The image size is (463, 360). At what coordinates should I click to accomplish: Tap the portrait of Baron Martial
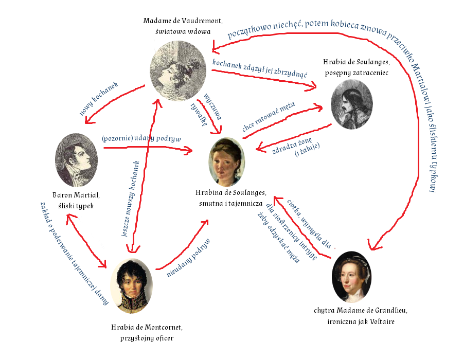76,160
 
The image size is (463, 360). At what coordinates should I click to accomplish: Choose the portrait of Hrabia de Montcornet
132,286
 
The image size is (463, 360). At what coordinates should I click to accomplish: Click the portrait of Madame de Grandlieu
352,277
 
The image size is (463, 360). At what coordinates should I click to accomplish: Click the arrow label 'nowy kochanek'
99,98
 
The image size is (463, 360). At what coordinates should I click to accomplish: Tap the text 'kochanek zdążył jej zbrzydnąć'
260,70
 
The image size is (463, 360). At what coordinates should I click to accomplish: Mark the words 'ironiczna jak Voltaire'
360,321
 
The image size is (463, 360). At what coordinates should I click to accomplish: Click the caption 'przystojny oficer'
147,338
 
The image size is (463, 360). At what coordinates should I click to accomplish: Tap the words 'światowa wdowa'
183,31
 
